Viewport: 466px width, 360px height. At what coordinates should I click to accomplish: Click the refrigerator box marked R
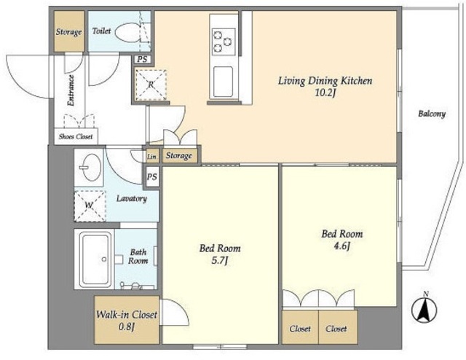click(x=151, y=85)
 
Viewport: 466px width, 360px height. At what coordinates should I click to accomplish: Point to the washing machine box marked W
click(x=90, y=206)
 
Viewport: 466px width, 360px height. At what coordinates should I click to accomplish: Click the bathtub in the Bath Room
click(x=95, y=259)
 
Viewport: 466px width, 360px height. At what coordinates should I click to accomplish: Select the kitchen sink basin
click(x=224, y=82)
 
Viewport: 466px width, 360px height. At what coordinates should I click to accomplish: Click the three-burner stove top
click(x=224, y=42)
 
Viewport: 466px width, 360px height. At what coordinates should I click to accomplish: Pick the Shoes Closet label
click(x=76, y=136)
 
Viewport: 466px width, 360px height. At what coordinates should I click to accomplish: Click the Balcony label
click(x=432, y=114)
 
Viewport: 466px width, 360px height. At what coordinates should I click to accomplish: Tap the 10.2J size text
click(x=325, y=93)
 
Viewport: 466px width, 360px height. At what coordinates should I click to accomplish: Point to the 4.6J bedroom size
click(x=341, y=246)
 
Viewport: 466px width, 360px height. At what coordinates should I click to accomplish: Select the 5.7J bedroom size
click(x=220, y=261)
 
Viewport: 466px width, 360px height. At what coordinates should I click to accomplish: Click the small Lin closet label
click(x=152, y=157)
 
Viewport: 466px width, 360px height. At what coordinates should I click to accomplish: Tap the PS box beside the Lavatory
click(x=152, y=177)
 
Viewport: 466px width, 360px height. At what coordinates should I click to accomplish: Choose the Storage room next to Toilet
click(x=69, y=31)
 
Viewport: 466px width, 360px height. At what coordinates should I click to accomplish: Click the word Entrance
click(x=71, y=90)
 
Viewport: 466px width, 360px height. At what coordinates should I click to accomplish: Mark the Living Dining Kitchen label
click(x=325, y=81)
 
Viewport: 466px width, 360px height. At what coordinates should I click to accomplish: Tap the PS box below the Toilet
click(x=143, y=59)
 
